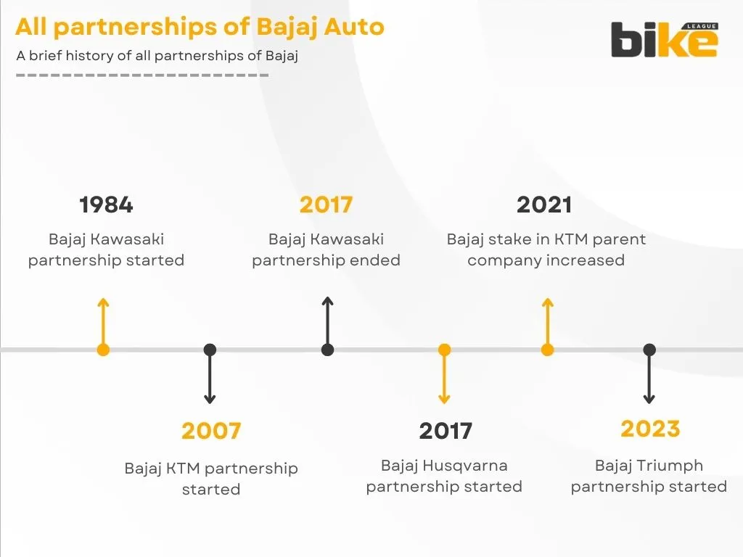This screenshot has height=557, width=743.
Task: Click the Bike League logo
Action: point(664,40)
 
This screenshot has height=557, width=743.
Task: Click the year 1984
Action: point(106,205)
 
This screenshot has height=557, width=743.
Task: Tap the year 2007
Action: point(211,431)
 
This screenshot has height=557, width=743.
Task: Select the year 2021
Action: point(544,205)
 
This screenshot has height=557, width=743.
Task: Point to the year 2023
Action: point(650,429)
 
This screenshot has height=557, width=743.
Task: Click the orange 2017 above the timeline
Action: point(326,205)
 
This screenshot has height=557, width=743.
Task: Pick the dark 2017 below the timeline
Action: point(446,431)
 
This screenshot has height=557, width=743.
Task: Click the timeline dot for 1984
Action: point(103,350)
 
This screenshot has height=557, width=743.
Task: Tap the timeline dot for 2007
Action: point(210,350)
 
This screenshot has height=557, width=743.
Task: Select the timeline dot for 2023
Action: point(649,350)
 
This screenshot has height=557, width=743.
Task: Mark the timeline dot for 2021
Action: point(548,350)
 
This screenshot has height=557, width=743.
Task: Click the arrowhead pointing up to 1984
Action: point(103,301)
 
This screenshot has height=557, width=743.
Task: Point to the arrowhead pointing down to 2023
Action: point(649,399)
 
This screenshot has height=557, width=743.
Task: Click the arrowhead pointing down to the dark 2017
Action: point(444,399)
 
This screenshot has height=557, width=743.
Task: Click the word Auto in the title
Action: point(355,27)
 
